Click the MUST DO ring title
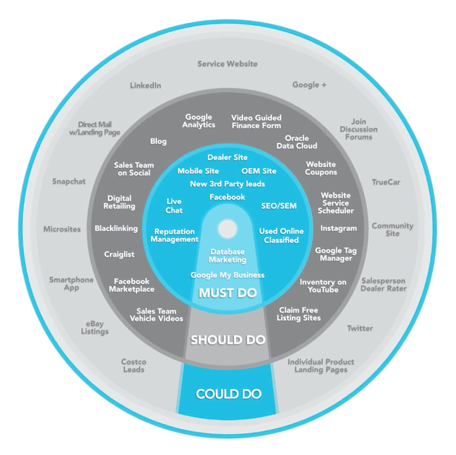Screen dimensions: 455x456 pos(228,293)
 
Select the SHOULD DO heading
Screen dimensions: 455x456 pos(228,340)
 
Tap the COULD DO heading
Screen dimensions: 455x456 pos(229,394)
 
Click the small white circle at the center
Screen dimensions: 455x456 pos(227,229)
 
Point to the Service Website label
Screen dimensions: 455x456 pos(227,64)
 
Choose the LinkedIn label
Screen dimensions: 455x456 pos(145,85)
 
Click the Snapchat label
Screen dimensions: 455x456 pos(69,181)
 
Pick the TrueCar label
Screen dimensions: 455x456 pos(386,182)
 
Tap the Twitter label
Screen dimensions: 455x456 pos(360,328)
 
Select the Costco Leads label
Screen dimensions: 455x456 pos(134,366)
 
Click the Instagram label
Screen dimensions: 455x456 pos(338,228)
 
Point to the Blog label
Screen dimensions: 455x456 pos(158,141)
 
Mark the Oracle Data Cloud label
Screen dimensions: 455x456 pos(296,142)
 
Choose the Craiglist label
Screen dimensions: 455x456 pos(119,254)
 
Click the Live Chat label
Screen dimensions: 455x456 pos(174,206)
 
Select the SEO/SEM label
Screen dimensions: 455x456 pos(279,206)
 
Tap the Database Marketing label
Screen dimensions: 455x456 pos(227,256)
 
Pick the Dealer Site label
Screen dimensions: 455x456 pos(227,158)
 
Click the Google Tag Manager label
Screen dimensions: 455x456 pos(336,254)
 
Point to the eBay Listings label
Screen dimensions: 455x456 pos(95,328)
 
